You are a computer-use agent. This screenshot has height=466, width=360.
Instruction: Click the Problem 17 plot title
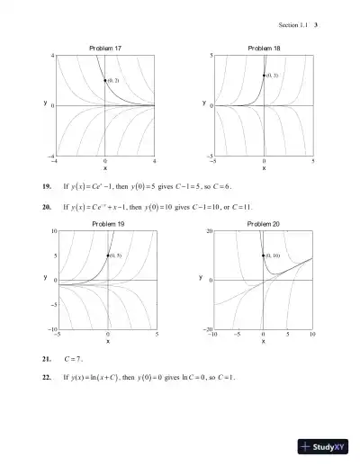point(105,47)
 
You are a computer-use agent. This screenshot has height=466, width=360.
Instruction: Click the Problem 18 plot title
point(264,47)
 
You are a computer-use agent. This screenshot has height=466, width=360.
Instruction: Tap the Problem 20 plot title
point(264,222)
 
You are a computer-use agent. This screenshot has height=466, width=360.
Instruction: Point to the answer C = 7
point(74,358)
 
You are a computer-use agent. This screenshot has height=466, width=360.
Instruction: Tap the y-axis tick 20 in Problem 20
point(209,231)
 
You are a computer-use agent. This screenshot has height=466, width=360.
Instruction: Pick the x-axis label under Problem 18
point(264,167)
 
